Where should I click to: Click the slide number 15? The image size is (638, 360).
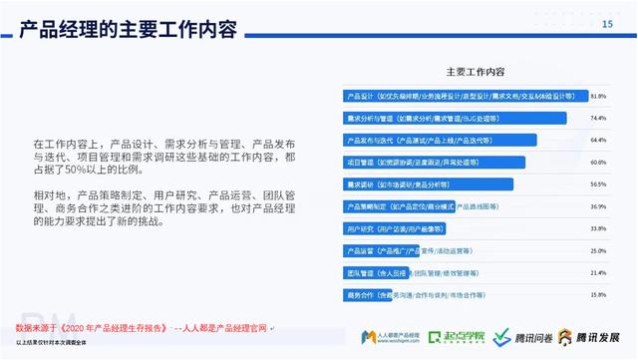607,26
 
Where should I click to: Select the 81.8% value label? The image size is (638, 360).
598,97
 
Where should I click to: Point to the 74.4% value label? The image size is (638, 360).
598,119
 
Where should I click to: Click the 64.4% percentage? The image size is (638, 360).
598,141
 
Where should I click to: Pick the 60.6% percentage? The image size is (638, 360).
598,163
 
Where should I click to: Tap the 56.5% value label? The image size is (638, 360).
598,184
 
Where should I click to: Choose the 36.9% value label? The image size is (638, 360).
598,206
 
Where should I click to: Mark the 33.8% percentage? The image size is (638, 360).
598,228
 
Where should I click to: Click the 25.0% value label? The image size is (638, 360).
598,250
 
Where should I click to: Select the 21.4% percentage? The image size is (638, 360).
598,272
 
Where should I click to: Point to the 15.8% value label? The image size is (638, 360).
598,294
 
